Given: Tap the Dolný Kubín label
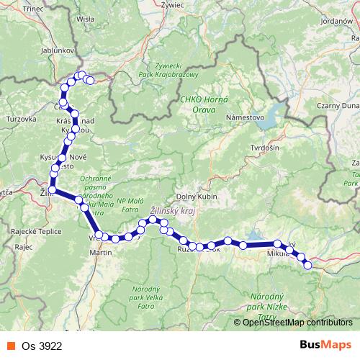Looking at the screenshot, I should point(195,197).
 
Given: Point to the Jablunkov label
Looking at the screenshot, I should point(53,40).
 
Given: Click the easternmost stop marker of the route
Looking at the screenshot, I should point(308,265).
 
